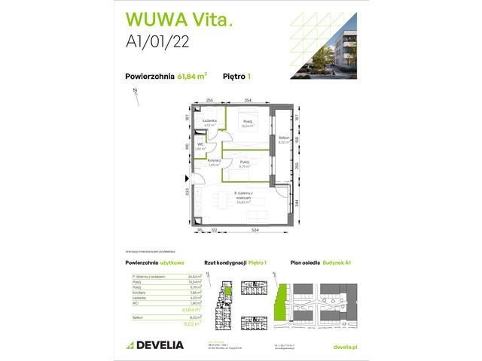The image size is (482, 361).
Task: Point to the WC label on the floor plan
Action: pyautogui.click(x=200, y=147)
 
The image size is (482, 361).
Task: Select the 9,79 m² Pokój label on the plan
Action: pyautogui.click(x=245, y=164)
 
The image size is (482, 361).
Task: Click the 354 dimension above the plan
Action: pyautogui.click(x=248, y=99)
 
